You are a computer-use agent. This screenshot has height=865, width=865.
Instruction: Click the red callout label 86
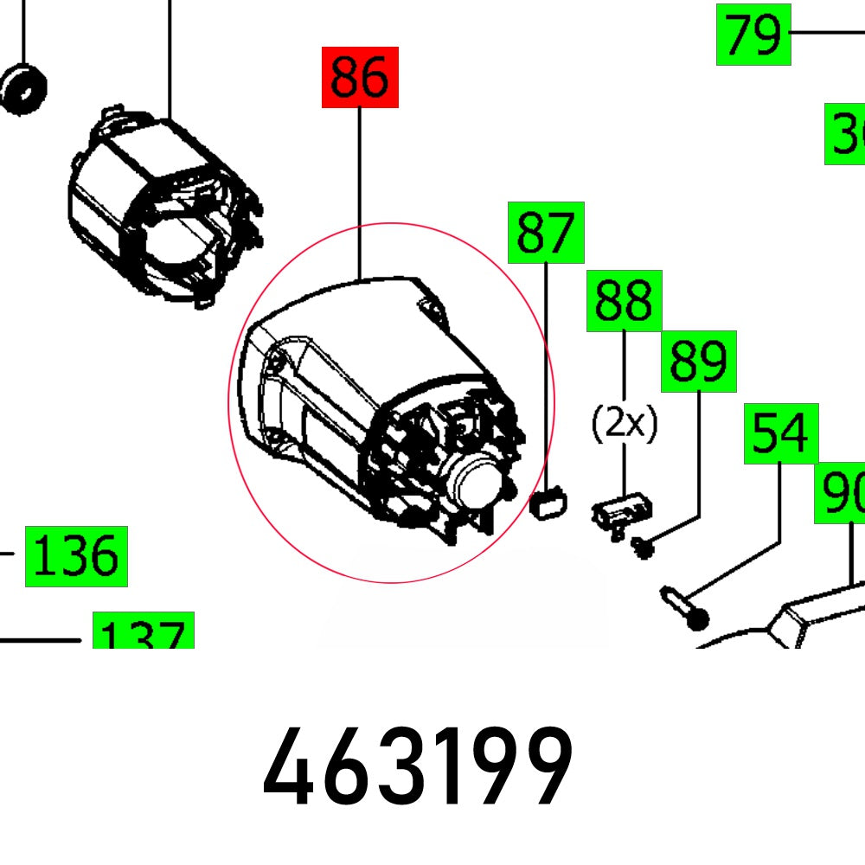360,78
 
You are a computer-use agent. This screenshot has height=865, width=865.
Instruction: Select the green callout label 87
546,233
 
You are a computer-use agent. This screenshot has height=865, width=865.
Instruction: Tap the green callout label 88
625,301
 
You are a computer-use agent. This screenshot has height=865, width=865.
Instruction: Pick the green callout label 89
699,362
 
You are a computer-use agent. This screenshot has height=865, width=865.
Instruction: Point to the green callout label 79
753,35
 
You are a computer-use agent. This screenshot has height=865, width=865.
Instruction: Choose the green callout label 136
76,555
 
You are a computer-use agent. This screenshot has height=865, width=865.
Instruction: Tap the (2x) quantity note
625,424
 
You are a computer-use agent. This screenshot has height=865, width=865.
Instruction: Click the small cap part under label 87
548,503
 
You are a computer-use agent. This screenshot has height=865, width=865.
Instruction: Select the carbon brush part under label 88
621,514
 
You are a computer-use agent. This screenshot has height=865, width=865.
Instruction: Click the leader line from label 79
826,34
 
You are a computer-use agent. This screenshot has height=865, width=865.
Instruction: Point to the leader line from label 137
43,641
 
